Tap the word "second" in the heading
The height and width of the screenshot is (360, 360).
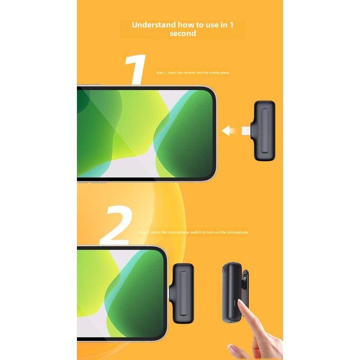pos(183,33)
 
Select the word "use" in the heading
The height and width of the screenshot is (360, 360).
pos(211,24)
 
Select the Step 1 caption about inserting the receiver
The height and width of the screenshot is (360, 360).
pos(193,72)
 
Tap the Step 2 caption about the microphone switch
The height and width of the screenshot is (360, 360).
pos(193,232)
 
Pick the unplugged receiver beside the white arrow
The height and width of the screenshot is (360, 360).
pos(264,130)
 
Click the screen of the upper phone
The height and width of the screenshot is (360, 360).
pos(144,133)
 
